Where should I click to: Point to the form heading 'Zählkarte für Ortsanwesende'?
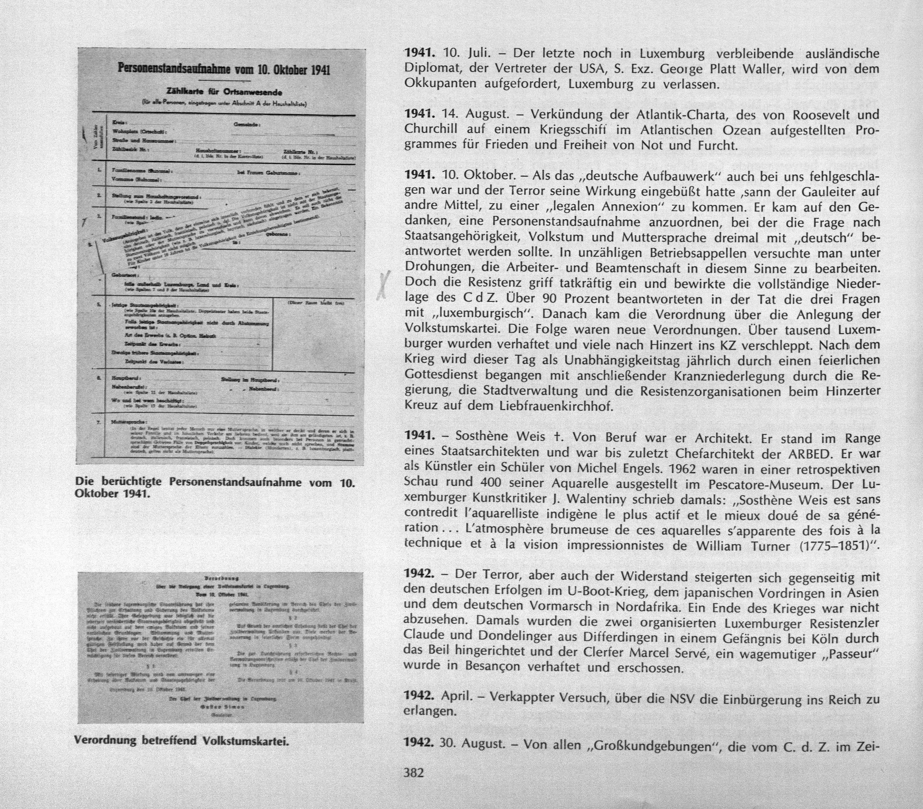click(224, 93)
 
